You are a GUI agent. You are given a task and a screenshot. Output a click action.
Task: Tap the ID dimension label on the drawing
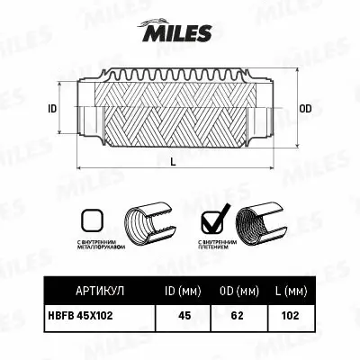click(x=52, y=108)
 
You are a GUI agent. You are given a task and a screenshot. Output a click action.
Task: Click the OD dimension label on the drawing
click(x=305, y=108)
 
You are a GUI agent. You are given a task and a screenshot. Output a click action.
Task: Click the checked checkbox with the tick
click(x=212, y=219)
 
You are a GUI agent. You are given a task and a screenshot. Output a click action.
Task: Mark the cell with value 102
click(x=289, y=316)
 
